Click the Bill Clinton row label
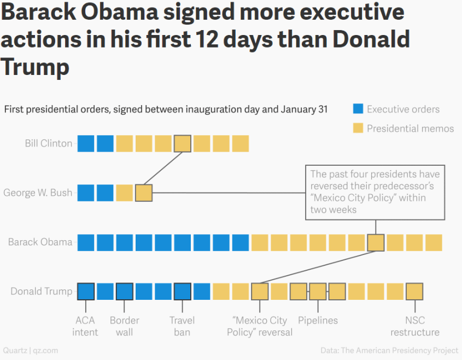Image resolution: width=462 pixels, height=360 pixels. (49, 143)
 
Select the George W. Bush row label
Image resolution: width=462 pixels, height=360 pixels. (38, 193)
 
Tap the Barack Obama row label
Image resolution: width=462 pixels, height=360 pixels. (40, 242)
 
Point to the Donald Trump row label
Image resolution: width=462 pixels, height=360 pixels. (42, 291)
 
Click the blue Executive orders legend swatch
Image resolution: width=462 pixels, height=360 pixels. (358, 109)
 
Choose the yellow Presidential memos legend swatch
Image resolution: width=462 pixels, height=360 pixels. (358, 129)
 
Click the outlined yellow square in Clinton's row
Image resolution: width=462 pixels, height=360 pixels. (183, 143)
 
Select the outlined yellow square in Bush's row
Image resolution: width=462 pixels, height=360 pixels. (144, 193)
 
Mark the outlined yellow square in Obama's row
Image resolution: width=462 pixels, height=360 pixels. (376, 242)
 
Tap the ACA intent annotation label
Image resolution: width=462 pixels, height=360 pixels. (85, 326)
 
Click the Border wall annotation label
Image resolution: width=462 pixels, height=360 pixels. (125, 326)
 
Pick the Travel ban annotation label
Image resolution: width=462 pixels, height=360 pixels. (182, 326)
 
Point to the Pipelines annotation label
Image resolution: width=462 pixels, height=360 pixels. (318, 320)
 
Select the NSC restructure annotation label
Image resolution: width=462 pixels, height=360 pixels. (415, 326)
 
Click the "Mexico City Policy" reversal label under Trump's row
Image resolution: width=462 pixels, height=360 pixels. (260, 326)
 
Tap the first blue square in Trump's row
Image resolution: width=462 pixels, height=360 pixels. (86, 292)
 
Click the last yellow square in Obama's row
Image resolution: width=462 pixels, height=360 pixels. (434, 242)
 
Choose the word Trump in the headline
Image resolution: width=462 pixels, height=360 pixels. (35, 67)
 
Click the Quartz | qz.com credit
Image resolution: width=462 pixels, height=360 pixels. (31, 350)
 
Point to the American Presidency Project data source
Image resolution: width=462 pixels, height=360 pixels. (389, 350)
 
